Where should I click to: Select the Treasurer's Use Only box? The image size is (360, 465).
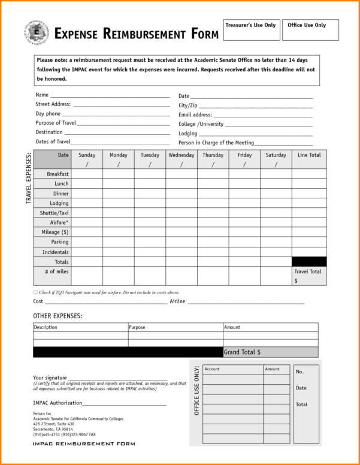(252, 30)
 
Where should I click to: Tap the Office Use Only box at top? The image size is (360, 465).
(310, 30)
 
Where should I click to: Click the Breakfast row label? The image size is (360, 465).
(58, 174)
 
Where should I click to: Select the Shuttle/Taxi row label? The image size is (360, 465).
(55, 213)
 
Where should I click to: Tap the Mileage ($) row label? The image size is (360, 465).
(55, 232)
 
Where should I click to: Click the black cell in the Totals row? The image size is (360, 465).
(310, 261)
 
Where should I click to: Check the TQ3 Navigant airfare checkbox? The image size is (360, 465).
(35, 292)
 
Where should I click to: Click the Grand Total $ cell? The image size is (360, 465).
(270, 352)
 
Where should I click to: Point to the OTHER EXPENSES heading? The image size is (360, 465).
(58, 315)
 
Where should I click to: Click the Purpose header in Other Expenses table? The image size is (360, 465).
(137, 327)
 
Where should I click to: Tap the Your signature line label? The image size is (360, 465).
(50, 378)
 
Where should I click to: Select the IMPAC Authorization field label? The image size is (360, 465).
(58, 402)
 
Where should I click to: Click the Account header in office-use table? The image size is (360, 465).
(212, 369)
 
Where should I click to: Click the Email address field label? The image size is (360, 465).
(195, 114)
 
